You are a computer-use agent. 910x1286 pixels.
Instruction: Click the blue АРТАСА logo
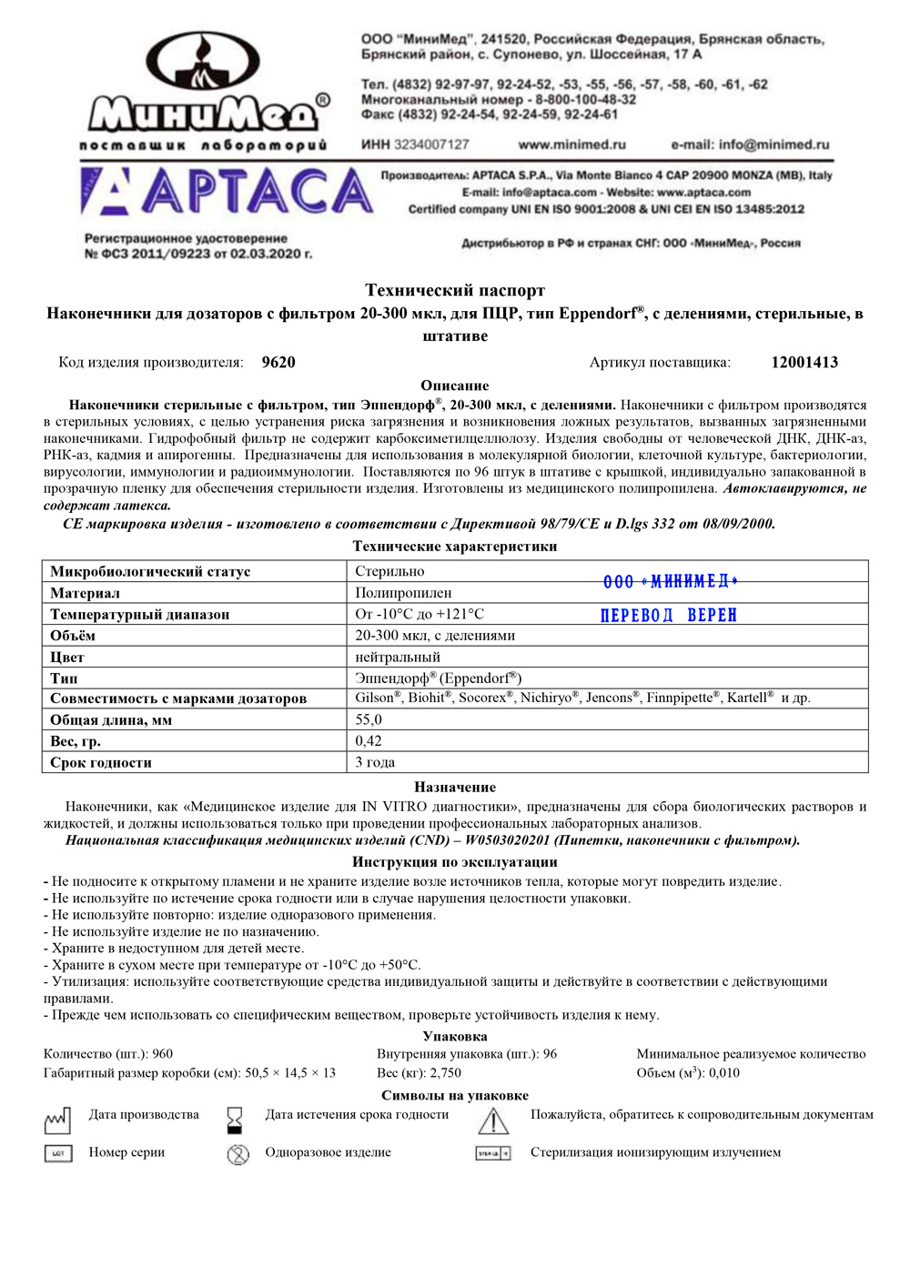point(227,192)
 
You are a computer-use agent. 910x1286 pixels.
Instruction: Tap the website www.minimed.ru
point(571,145)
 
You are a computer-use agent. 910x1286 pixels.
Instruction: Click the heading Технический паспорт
point(455,290)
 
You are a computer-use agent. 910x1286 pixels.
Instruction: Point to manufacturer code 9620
point(278,362)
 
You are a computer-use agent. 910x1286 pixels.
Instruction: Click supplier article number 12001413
point(804,362)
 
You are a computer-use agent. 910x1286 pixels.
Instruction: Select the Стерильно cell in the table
point(389,571)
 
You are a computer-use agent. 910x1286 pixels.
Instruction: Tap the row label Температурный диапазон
point(139,615)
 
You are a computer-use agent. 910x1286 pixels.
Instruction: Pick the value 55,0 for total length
point(369,719)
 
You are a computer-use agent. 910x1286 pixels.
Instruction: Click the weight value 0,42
point(369,741)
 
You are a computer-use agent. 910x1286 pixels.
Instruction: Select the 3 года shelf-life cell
point(375,762)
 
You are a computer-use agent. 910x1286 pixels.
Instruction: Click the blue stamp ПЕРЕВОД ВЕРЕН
point(669,616)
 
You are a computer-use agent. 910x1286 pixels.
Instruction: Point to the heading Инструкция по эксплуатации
point(455,861)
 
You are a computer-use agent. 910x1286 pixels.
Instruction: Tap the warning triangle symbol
point(493,1120)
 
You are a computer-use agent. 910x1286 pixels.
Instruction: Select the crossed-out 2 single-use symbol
point(238,1154)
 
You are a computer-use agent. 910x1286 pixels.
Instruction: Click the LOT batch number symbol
point(58,1153)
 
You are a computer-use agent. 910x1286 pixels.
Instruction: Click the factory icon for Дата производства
point(57,1120)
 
